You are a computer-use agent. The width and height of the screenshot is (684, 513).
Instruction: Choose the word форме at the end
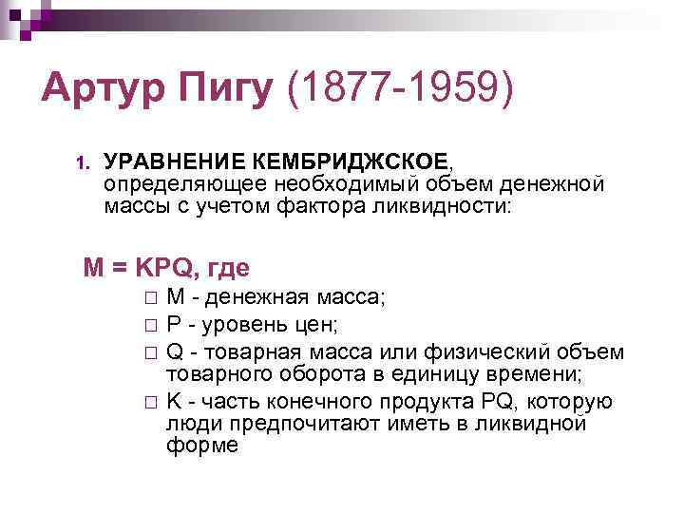202,445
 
